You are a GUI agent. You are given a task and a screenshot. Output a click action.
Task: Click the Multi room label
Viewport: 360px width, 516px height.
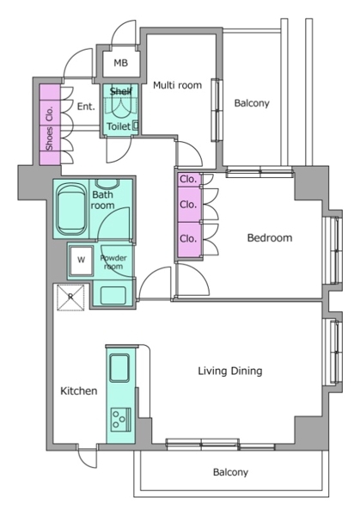click(177, 85)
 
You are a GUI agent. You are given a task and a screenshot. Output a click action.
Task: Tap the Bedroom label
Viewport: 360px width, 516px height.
click(270, 237)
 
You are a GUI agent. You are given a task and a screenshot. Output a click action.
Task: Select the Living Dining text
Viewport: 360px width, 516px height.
click(230, 372)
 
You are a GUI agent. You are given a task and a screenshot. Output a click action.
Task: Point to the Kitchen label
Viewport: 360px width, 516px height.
click(79, 391)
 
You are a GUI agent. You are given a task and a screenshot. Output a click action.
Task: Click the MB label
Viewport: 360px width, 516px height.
click(120, 63)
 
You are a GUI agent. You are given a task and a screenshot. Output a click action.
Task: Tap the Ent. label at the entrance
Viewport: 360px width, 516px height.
click(86, 107)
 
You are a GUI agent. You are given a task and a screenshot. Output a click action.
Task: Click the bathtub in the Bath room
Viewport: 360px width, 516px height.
click(71, 209)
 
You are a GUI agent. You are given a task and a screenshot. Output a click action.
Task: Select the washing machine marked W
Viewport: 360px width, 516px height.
click(81, 260)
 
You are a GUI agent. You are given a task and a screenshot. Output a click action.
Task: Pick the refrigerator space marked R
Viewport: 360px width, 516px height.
click(70, 298)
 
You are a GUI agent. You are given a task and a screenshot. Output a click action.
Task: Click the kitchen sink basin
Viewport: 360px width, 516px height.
click(119, 368)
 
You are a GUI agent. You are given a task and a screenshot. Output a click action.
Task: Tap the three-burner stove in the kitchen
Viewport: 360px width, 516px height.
click(120, 420)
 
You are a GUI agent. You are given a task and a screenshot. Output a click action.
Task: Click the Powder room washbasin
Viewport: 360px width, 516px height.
click(113, 295)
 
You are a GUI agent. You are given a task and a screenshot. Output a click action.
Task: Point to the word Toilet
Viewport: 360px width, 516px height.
click(119, 126)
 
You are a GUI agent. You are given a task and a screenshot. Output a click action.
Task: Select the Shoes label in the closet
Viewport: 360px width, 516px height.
click(49, 138)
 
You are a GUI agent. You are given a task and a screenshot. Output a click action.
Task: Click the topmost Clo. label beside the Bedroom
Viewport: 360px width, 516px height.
click(188, 180)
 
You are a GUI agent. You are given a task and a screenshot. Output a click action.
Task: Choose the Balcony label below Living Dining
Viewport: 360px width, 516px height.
click(230, 472)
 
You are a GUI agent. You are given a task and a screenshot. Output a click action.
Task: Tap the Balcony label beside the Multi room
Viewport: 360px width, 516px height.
click(252, 103)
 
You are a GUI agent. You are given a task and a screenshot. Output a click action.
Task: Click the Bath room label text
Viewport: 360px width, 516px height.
click(102, 200)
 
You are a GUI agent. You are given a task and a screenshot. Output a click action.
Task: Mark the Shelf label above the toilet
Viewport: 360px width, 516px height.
click(121, 91)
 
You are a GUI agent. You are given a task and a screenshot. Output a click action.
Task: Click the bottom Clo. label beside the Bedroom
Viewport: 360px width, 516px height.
click(188, 238)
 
